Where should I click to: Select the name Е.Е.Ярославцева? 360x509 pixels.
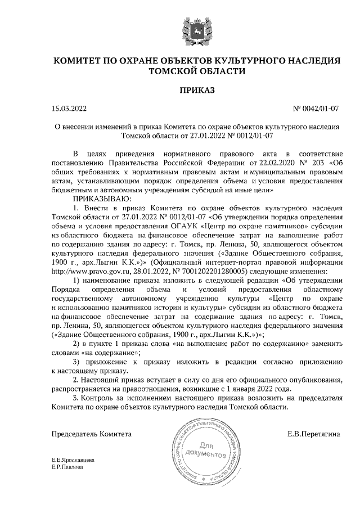(x=73, y=460)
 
